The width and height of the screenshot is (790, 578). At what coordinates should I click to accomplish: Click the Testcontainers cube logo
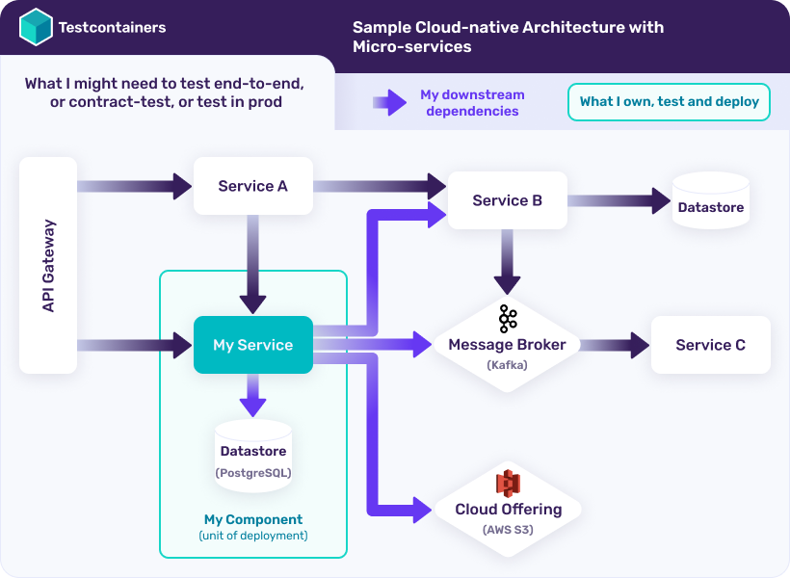pos(36,27)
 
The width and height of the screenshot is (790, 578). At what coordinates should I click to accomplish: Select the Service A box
pos(252,186)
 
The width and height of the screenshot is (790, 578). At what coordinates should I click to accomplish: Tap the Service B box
pos(507,200)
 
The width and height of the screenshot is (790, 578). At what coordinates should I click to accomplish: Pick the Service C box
pos(710,345)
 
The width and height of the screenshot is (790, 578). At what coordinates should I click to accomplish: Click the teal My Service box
pos(252,345)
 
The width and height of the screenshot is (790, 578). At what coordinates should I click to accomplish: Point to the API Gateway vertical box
pos(48,266)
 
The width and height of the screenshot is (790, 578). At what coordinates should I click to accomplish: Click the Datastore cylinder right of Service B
pos(710,201)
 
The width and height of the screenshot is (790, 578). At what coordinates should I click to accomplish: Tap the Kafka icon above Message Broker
pos(508,319)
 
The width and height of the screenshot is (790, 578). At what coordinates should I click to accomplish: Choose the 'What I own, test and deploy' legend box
pos(669,102)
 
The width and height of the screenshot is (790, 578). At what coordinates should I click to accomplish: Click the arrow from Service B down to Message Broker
pos(508,261)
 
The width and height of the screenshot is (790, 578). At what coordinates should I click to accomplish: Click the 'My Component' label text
pos(252,519)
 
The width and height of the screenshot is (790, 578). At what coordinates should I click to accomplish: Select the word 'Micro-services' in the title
pos(411,46)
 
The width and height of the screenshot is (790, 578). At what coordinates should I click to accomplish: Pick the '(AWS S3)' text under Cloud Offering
pos(508,530)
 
